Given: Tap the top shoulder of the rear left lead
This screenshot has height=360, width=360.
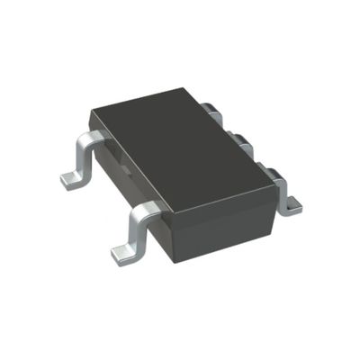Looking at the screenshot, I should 91,139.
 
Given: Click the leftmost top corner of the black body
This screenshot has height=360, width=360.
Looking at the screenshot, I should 90,113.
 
